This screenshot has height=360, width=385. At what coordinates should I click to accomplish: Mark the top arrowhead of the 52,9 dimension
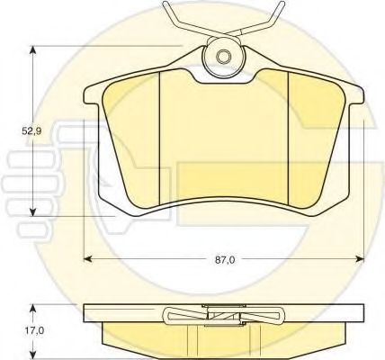(34, 49)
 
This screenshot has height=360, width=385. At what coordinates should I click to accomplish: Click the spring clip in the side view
(223, 316)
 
